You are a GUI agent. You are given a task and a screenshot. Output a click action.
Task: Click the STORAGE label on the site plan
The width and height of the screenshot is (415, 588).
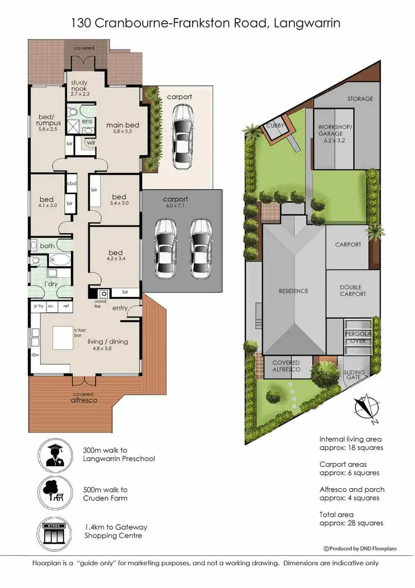(360, 99)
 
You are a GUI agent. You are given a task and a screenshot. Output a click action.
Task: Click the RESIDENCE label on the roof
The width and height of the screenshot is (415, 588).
(293, 291)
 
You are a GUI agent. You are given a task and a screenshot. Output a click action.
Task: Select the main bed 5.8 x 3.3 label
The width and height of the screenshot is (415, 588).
(122, 129)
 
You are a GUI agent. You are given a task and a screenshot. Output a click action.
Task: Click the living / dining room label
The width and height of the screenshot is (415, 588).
(108, 345)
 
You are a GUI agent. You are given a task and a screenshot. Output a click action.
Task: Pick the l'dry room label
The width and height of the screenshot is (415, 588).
(52, 284)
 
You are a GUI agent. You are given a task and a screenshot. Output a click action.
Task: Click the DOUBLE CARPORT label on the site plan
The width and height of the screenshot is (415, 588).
(352, 290)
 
